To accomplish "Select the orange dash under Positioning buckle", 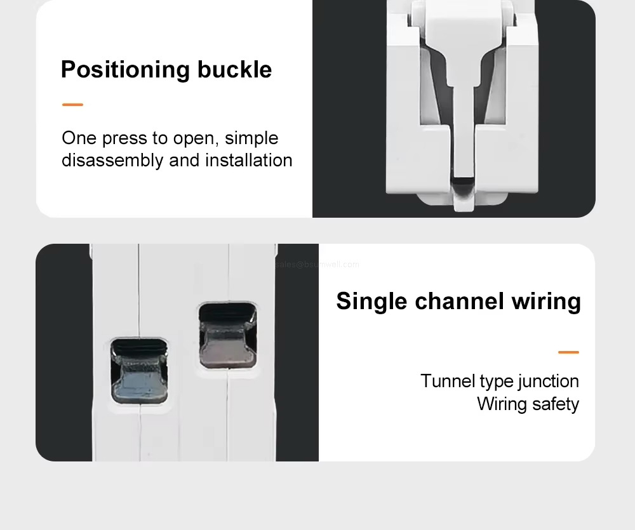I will click(72, 105).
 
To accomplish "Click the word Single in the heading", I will click(372, 301).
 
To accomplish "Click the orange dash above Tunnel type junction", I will click(568, 352).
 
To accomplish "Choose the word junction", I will click(548, 381).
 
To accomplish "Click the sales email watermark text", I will click(317, 265).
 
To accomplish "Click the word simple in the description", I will click(251, 138).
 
